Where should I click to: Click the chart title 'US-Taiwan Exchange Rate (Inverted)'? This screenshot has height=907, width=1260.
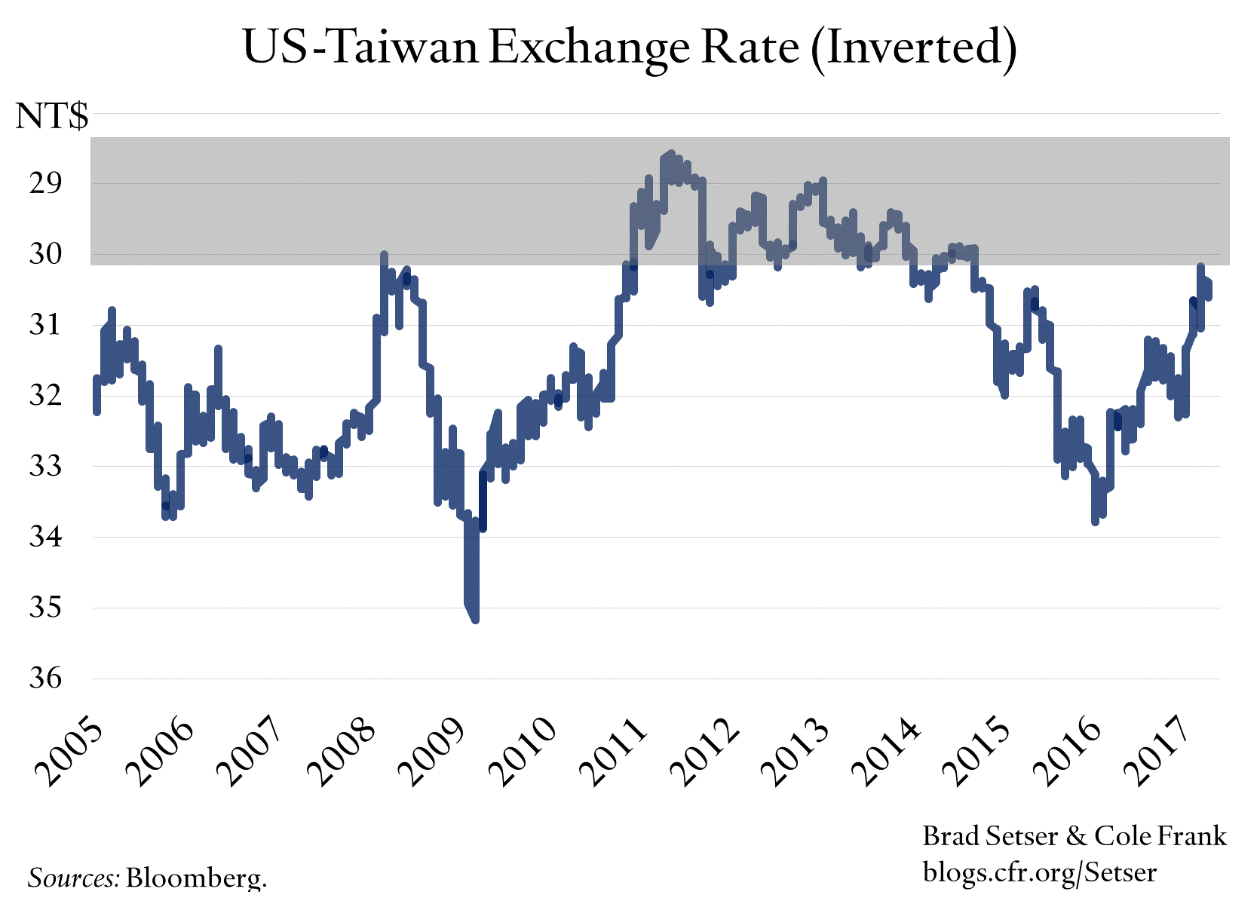coord(630,47)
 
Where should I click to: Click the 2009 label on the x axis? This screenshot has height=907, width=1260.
coord(431,753)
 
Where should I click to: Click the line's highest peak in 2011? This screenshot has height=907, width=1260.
coord(670,154)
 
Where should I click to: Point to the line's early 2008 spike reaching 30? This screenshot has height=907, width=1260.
coord(384,256)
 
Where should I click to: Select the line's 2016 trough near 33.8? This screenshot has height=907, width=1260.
coord(1095,521)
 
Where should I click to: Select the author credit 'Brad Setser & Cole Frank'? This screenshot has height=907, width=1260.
coord(1075,836)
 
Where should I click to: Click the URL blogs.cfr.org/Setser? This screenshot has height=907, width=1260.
coord(1040,872)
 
